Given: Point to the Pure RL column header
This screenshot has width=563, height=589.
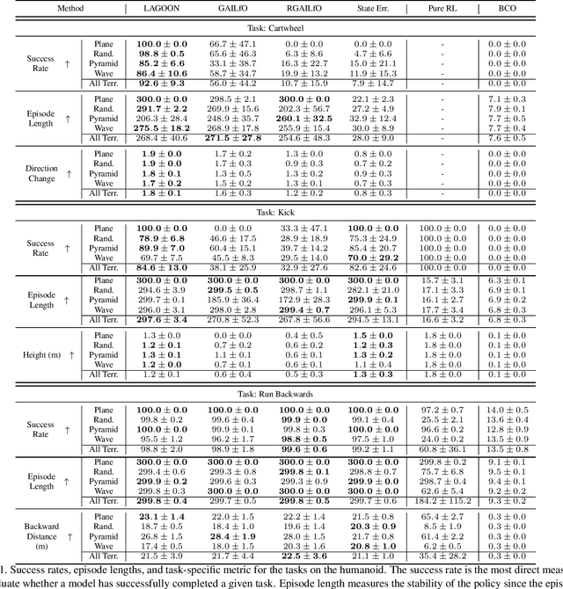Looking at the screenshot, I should [442, 7].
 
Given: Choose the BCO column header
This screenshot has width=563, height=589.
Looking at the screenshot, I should [519, 7].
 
